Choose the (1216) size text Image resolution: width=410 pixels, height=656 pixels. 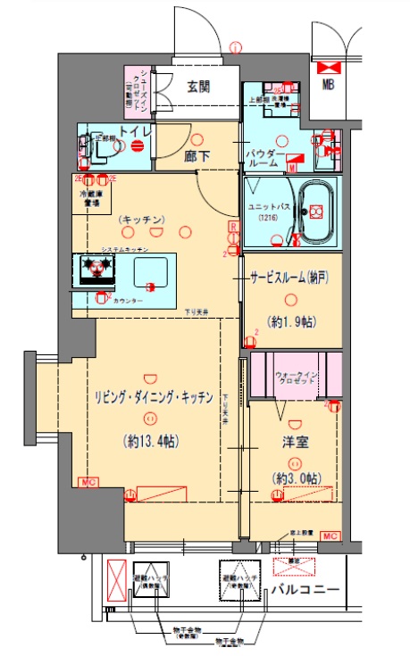point(268,219)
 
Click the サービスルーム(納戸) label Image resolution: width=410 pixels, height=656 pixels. point(289,277)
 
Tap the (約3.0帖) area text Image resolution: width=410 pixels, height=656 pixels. point(295,477)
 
